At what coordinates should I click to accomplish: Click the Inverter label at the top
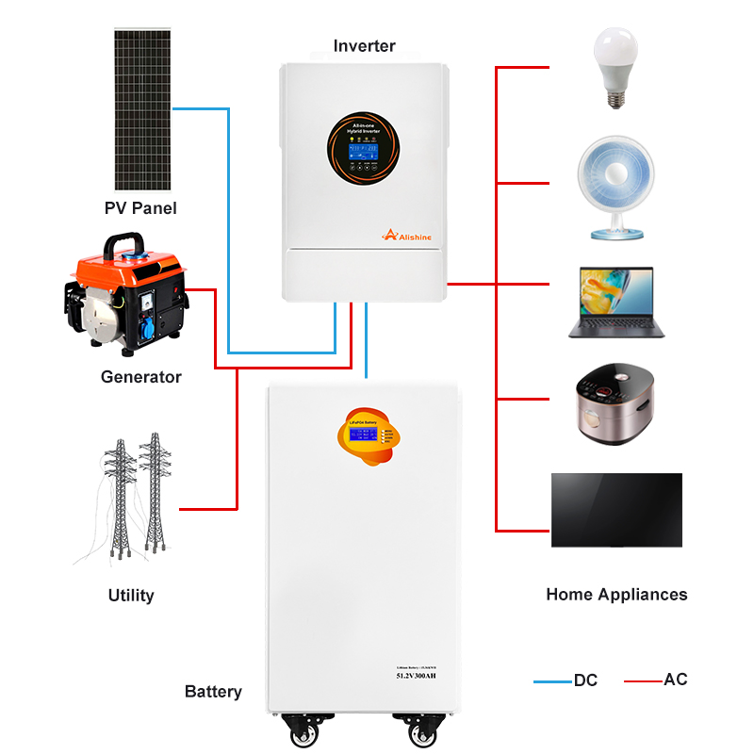click(365, 45)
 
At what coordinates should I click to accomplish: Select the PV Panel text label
click(140, 207)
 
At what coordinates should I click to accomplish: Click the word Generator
click(141, 377)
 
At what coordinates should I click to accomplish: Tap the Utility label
click(131, 595)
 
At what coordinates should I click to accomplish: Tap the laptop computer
click(616, 302)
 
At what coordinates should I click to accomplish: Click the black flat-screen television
click(616, 510)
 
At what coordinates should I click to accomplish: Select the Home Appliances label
click(616, 595)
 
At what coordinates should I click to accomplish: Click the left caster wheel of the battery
click(304, 731)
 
